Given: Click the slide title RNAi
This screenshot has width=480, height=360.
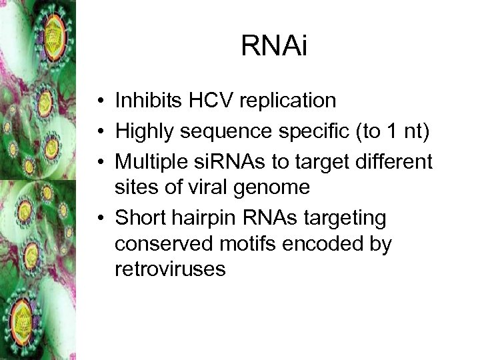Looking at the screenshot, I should coord(274,47).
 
